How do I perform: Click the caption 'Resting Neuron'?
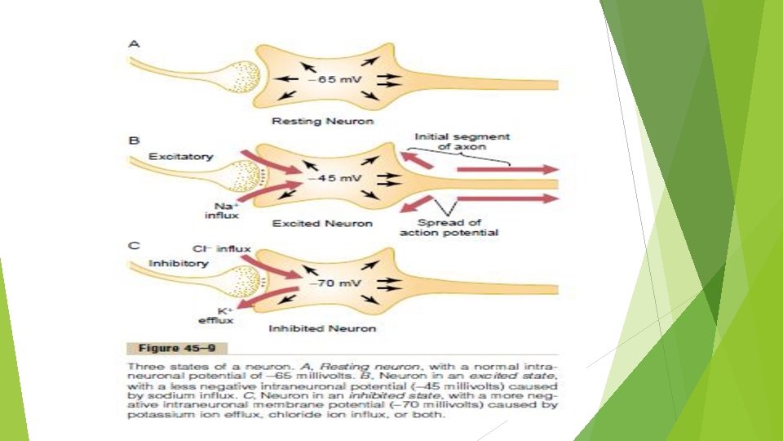[323, 122]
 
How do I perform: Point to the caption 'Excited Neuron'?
[322, 223]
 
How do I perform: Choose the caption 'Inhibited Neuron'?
[323, 328]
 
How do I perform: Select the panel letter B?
[134, 140]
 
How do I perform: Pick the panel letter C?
[134, 244]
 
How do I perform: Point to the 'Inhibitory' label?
[179, 263]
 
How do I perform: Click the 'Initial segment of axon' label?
[462, 142]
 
